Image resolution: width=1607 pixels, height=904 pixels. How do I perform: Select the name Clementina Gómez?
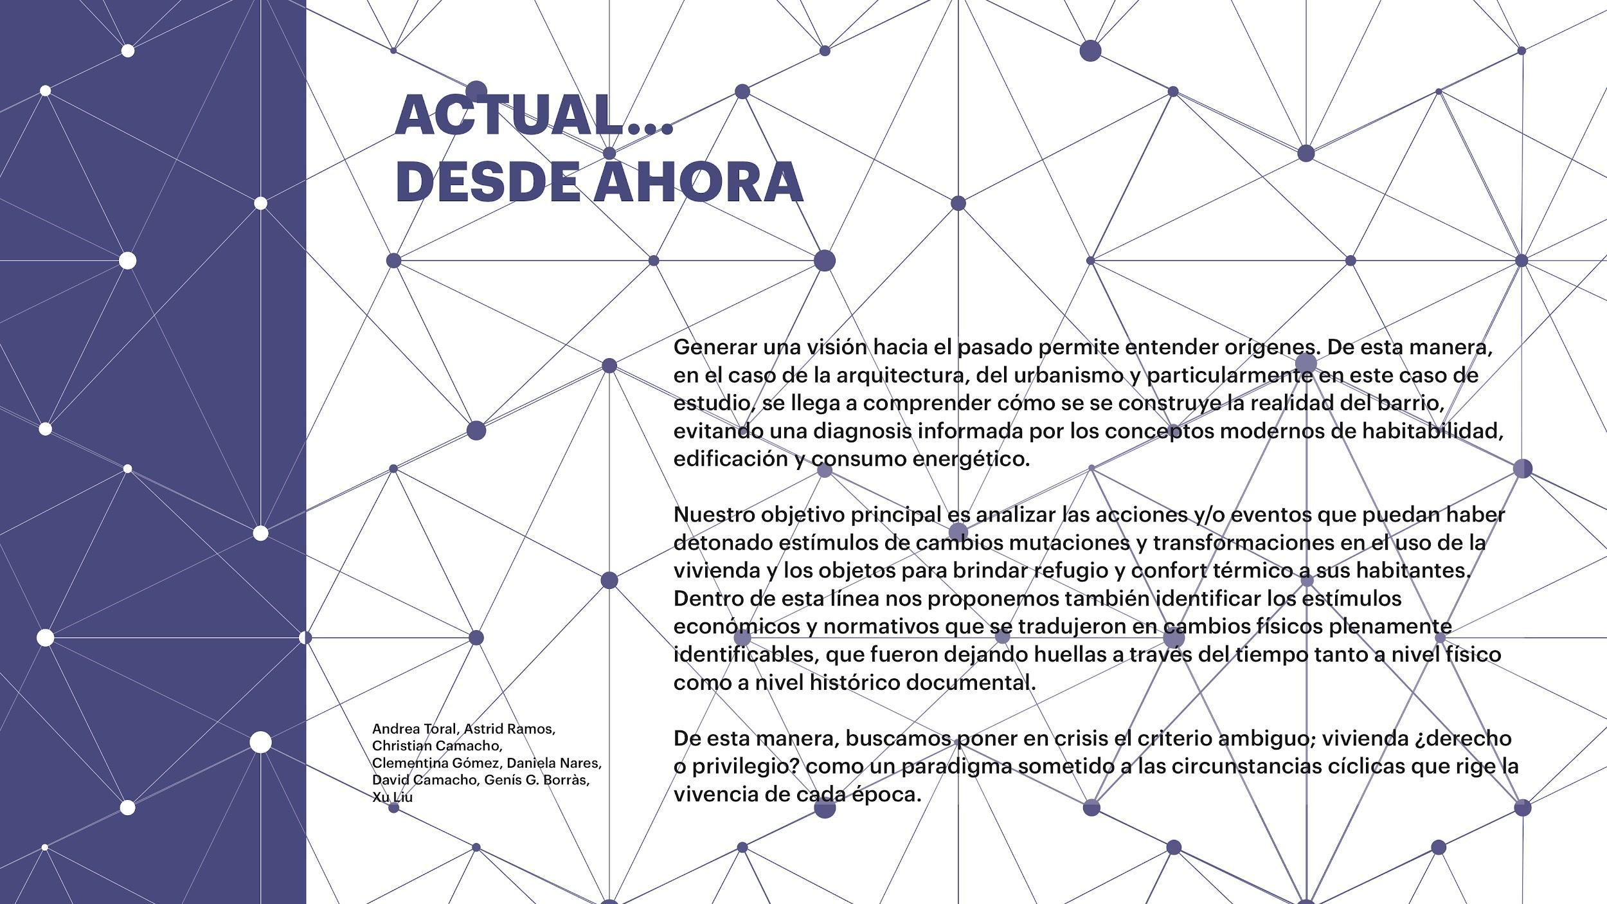[x=438, y=763]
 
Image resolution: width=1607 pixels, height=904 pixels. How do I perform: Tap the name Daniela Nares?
[x=554, y=763]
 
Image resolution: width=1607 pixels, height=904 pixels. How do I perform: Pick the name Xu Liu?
[x=392, y=797]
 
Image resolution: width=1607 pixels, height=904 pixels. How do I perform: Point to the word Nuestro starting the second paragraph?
[x=714, y=515]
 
